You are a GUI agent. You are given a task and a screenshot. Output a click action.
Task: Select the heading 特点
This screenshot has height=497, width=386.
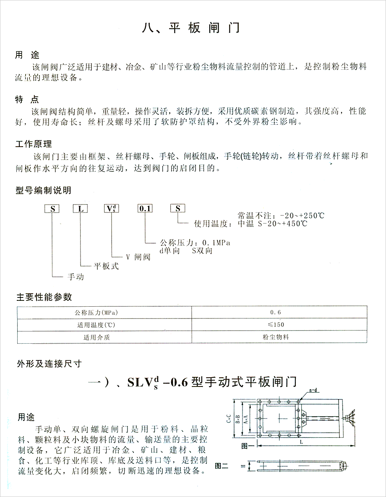[27, 100]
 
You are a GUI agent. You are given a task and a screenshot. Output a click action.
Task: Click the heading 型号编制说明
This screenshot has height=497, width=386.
[43, 190]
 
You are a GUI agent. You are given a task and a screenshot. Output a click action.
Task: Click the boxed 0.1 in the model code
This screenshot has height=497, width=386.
[146, 209]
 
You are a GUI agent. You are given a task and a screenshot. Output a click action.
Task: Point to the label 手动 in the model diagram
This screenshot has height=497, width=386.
[76, 277]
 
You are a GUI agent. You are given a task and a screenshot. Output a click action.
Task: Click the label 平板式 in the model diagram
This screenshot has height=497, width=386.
[106, 266]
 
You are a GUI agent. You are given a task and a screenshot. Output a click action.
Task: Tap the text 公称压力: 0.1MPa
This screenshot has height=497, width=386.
[196, 243]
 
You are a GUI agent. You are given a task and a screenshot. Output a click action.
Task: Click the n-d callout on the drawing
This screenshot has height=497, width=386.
[313, 391]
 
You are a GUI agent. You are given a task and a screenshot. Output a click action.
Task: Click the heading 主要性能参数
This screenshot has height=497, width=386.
[44, 297]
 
